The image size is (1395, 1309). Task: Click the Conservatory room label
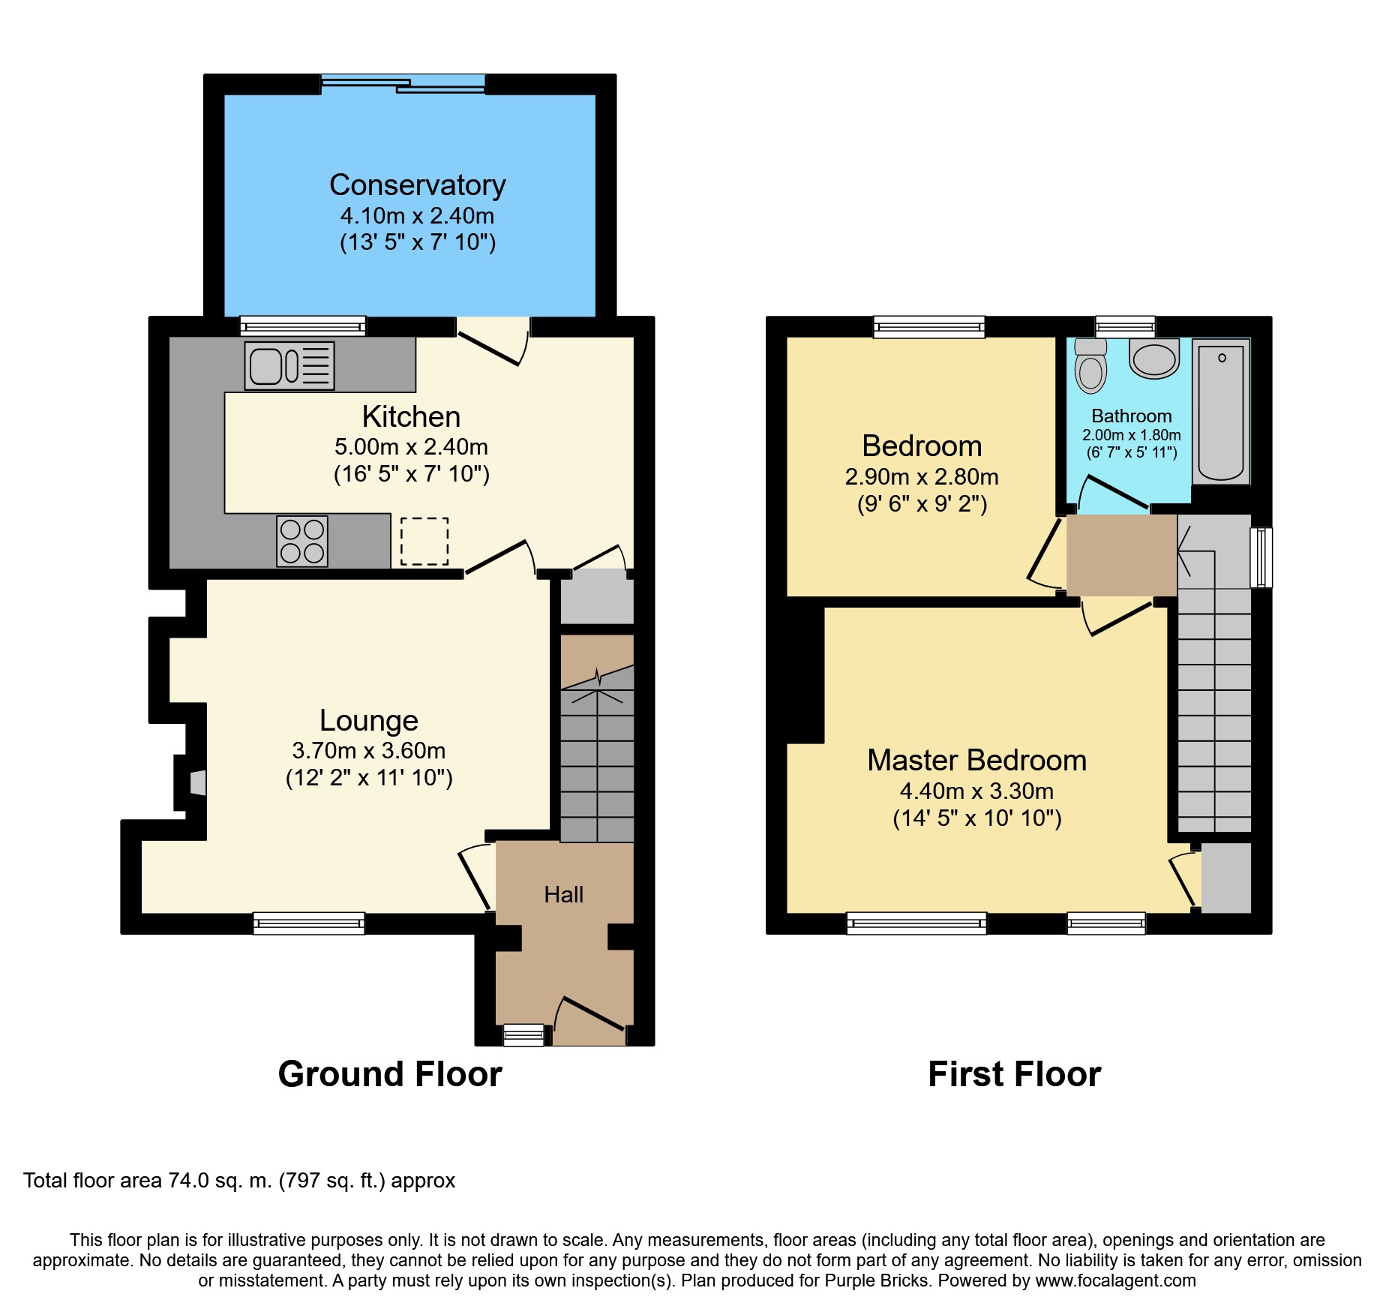point(418,185)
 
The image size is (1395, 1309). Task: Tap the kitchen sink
point(289,366)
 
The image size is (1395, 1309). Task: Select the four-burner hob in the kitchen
point(302,541)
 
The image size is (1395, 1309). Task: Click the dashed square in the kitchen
point(424,541)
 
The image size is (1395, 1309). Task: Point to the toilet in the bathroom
point(1090,365)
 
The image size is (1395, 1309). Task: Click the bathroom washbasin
point(1154,359)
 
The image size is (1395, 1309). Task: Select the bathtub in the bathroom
point(1221,412)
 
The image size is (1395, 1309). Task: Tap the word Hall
point(564,894)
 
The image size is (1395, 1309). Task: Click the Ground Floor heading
point(390,1074)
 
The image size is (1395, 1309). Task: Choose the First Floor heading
point(1015,1074)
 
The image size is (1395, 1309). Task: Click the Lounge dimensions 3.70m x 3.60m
point(369,750)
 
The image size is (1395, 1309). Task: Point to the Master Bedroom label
point(977,760)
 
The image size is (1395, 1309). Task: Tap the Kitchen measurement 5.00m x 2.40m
point(411,447)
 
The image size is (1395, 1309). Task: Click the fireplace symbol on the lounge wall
point(197,782)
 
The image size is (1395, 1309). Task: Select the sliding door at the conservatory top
point(403,83)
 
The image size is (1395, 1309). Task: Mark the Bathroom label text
point(1132,416)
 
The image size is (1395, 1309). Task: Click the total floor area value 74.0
point(188,1181)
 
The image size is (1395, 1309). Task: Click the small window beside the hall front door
point(523,1035)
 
